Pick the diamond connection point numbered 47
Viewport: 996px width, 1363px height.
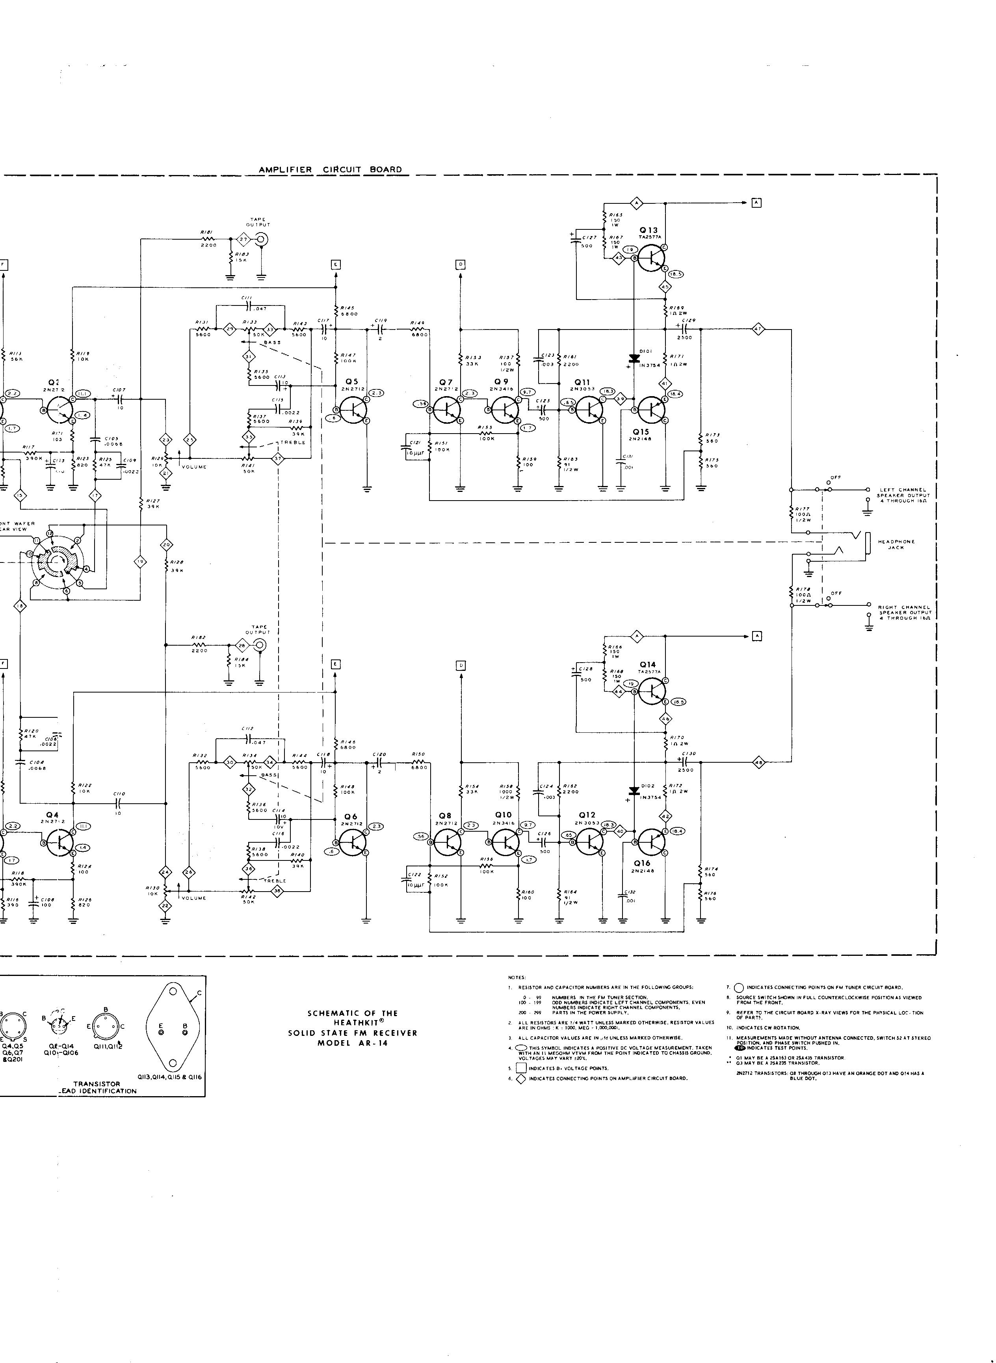[758, 329]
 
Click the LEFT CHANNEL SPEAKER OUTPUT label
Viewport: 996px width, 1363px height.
[903, 495]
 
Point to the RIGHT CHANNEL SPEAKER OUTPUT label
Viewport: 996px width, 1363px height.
[903, 612]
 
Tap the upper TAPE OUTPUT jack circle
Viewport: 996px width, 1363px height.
[261, 239]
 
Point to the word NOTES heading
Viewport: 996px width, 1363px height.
[517, 977]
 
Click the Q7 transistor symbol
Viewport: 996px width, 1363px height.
[447, 410]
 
